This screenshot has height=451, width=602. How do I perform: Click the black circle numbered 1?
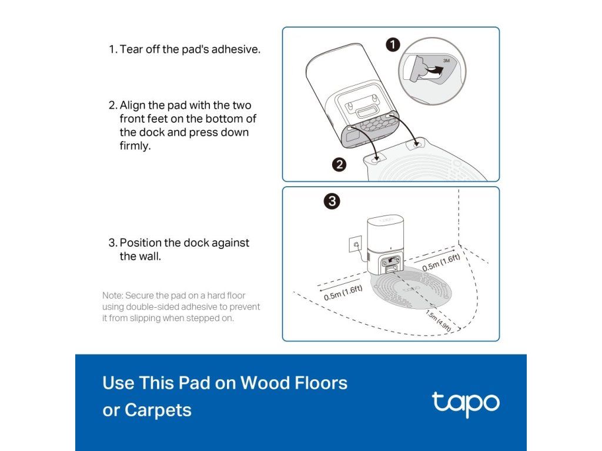[393, 45]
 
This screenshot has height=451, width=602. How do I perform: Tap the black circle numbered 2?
[339, 164]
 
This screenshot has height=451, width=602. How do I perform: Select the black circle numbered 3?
[332, 201]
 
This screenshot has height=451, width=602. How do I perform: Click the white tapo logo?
[466, 404]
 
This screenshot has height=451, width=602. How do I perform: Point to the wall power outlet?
[355, 244]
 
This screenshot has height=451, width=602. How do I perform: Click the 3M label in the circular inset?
[446, 60]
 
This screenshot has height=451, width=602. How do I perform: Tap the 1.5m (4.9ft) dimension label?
[439, 321]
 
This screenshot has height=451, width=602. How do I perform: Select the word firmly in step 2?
[135, 146]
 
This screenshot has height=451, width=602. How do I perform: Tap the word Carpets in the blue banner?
[158, 410]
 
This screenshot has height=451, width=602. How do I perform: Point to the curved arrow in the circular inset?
[433, 70]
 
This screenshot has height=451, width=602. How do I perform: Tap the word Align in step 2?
[132, 106]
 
